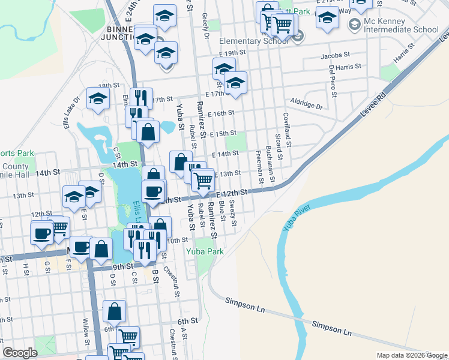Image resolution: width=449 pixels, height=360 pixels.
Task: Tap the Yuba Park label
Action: pyautogui.click(x=206, y=251)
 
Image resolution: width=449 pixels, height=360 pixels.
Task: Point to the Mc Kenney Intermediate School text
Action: pyautogui.click(x=401, y=25)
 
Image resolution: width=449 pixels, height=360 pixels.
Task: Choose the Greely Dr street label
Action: pyautogui.click(x=205, y=25)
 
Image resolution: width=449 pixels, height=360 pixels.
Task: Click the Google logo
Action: pyautogui.click(x=20, y=353)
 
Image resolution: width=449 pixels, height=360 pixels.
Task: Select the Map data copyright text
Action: pyautogui.click(x=412, y=355)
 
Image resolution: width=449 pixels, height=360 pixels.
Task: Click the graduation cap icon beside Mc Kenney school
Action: pyautogui.click(x=327, y=18)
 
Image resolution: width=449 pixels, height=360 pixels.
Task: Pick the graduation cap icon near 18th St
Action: pyautogui.click(x=97, y=99)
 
